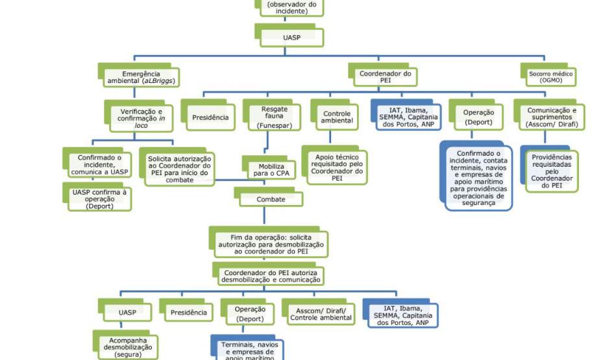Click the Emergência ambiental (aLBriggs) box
click(140, 77)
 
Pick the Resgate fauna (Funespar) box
click(275, 117)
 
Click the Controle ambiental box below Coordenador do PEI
click(338, 117)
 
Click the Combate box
click(271, 199)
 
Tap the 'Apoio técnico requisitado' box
click(337, 167)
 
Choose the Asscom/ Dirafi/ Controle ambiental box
click(320, 313)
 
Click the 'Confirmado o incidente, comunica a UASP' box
click(99, 165)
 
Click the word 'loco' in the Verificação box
click(142, 125)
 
